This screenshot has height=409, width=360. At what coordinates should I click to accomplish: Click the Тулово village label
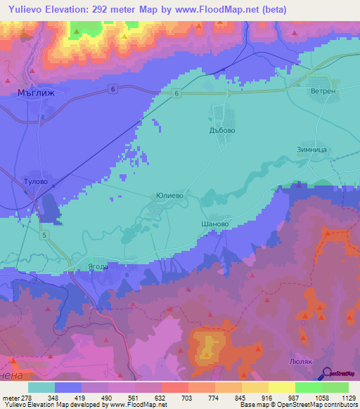point(34,181)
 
